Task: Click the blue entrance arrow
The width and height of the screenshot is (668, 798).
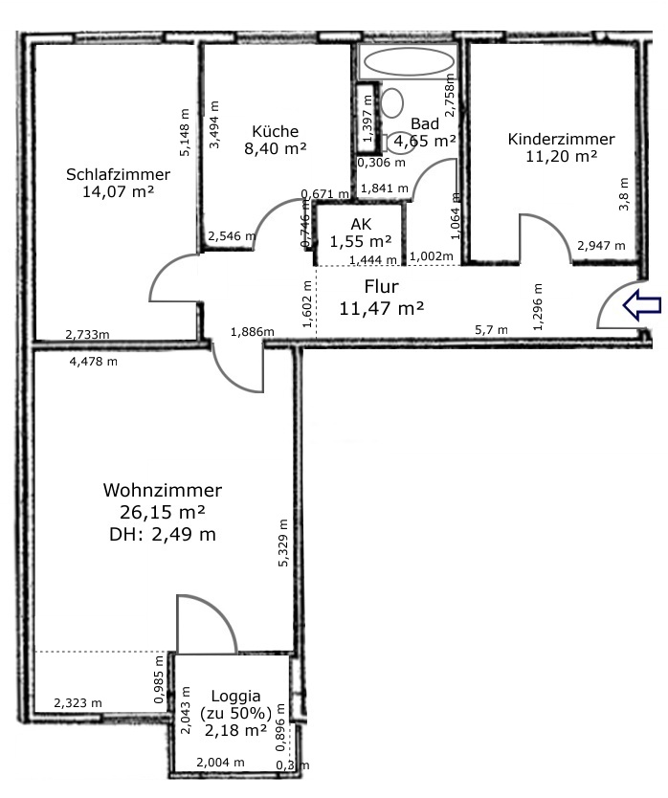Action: tap(641, 306)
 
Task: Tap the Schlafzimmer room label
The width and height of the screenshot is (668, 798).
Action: tap(118, 174)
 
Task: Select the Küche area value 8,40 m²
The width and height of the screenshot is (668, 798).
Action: tap(275, 148)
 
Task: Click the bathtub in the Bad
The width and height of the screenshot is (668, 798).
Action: tap(409, 61)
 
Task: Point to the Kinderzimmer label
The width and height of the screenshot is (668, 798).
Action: tap(561, 139)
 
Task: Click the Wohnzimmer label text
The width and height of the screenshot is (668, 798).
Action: tap(163, 490)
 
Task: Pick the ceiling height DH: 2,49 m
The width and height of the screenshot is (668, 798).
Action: tap(163, 534)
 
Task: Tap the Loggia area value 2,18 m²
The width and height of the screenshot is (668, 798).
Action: tap(235, 730)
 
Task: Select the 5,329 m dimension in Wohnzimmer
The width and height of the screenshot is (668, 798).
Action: tap(283, 543)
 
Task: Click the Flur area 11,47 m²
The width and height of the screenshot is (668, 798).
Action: tap(381, 308)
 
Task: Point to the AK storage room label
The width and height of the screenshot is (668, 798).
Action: tap(361, 224)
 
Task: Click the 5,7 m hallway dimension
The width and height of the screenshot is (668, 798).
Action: tap(491, 330)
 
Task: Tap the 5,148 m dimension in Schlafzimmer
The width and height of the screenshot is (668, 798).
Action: tap(185, 132)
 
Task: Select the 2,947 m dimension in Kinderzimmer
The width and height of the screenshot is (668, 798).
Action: tap(601, 245)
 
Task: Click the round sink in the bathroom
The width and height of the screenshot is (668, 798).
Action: tap(392, 102)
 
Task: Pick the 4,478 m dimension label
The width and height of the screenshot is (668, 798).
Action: tap(93, 362)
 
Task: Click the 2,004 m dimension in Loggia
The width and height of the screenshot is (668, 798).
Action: tap(220, 762)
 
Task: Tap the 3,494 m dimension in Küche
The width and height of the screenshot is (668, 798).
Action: tap(214, 124)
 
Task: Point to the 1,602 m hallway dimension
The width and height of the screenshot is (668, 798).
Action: tap(306, 304)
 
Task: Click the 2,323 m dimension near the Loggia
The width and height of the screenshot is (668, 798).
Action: tap(78, 703)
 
